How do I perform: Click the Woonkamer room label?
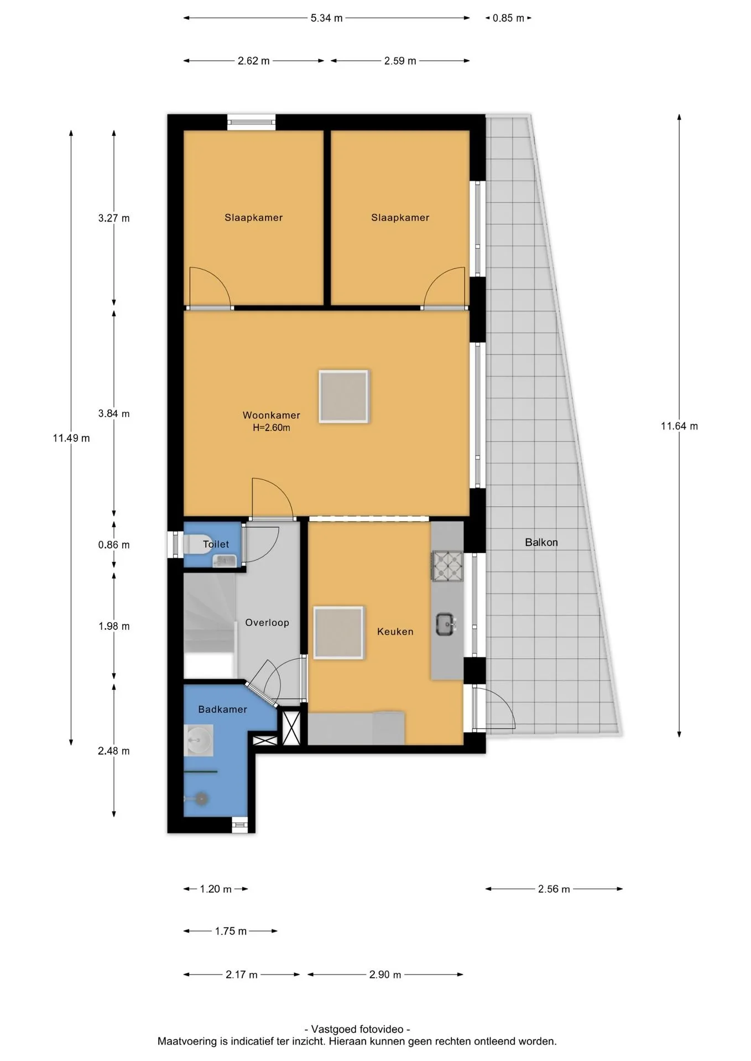point(271,415)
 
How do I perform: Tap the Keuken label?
point(395,632)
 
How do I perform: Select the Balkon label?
point(541,543)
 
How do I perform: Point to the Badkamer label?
point(222,710)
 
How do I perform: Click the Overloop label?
point(267,623)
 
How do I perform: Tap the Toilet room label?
point(216,544)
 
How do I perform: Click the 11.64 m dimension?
point(679,426)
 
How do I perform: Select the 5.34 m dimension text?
point(326,18)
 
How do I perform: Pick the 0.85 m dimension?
point(508,18)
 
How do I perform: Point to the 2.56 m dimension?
point(554,889)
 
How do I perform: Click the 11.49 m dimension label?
point(71,438)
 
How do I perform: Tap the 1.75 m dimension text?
point(231,931)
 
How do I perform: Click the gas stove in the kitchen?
point(447,566)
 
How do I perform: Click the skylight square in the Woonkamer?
point(343,397)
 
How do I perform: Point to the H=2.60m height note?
point(271,428)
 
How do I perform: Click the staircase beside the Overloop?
point(210,626)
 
